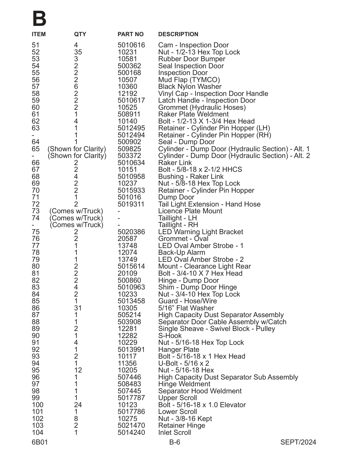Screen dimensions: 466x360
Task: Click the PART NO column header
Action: (131, 34)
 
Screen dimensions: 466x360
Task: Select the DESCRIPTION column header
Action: (178, 34)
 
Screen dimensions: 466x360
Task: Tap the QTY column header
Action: (80, 34)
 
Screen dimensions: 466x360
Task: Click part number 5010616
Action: (131, 45)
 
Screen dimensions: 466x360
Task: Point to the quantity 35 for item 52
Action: (78, 52)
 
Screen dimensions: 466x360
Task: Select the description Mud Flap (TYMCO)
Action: (189, 80)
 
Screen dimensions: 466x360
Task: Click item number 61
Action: (36, 114)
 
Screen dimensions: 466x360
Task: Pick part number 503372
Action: (129, 156)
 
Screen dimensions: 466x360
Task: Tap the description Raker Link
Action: (175, 163)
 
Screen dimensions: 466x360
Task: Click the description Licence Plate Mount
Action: (190, 211)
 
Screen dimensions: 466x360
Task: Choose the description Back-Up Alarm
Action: (181, 252)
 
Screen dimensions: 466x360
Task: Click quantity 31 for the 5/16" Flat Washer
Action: (78, 308)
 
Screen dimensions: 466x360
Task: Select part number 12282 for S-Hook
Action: (127, 336)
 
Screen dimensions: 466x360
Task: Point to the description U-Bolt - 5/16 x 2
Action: (184, 363)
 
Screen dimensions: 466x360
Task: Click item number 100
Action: (37, 405)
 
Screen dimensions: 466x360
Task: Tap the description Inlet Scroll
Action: (174, 432)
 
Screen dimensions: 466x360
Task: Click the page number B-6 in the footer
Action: (175, 442)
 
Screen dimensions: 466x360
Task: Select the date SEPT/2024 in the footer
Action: (298, 442)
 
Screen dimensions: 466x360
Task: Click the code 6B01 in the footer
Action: (40, 442)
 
